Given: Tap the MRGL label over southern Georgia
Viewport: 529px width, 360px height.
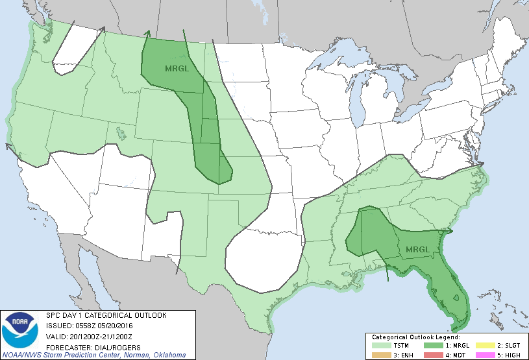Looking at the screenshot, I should (417, 250).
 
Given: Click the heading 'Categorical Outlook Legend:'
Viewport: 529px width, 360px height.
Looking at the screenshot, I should (415, 337).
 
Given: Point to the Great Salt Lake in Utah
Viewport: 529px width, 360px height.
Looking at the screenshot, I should (121, 133).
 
